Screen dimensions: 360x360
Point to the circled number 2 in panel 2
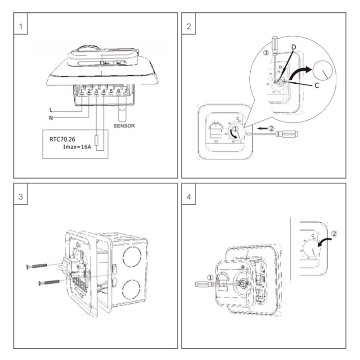[x=271, y=128]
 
